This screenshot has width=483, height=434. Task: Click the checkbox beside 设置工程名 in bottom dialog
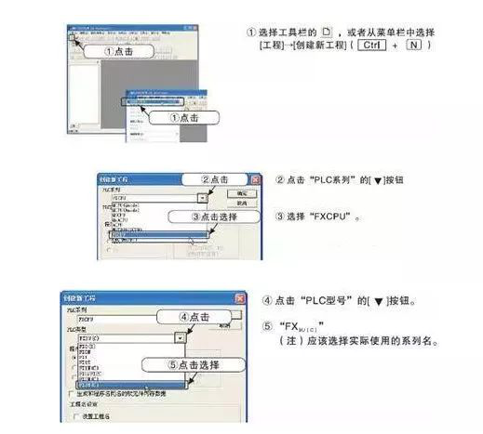tap(76, 415)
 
